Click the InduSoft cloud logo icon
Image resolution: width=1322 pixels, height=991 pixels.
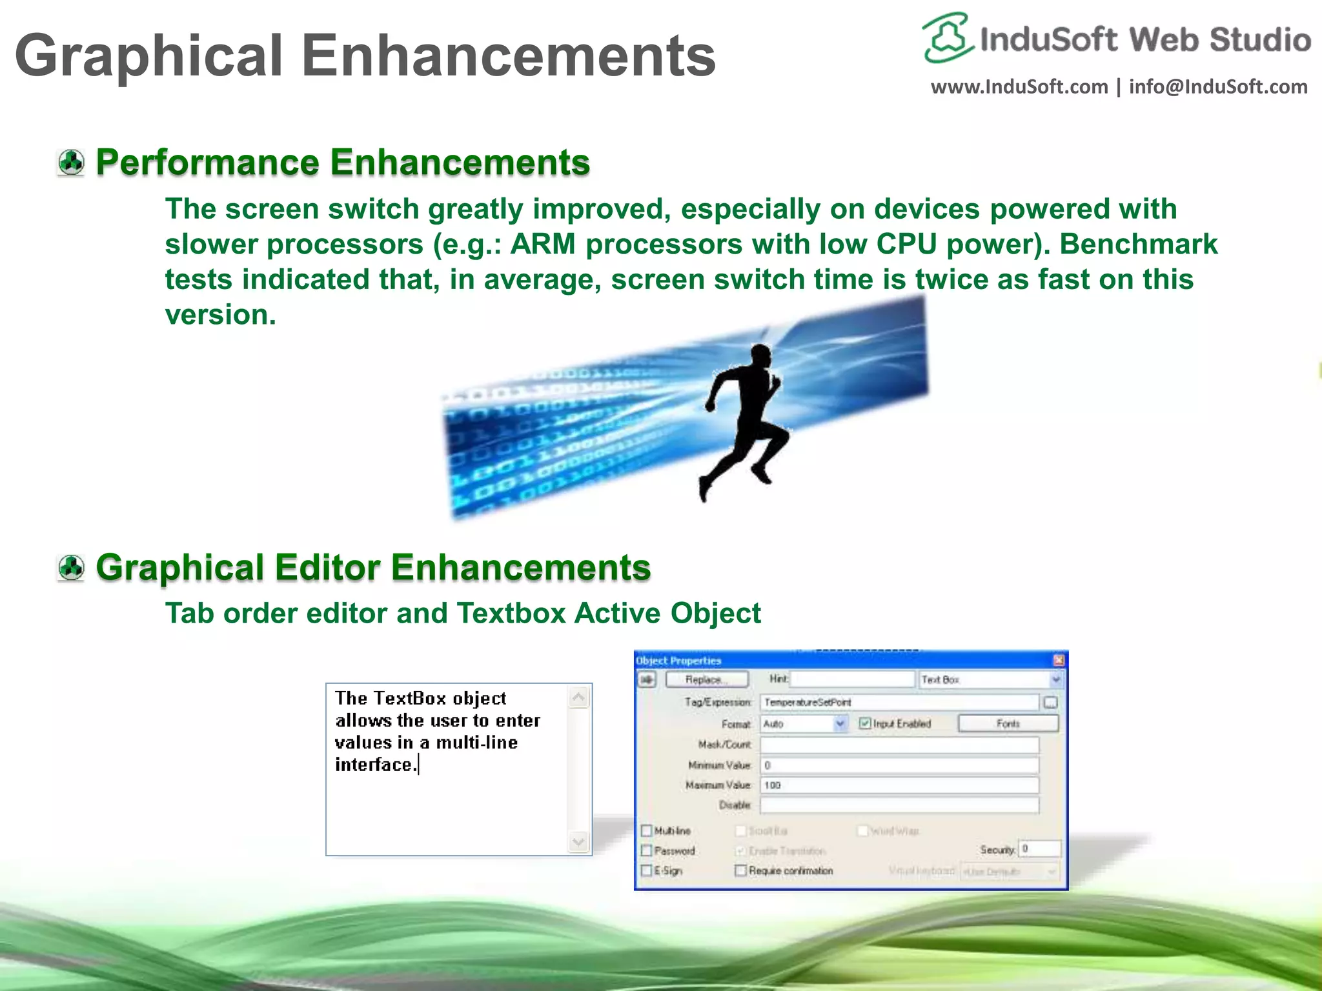(x=947, y=37)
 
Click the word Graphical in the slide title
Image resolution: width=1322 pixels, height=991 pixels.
(x=148, y=57)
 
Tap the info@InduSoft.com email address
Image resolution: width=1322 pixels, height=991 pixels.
(x=1217, y=86)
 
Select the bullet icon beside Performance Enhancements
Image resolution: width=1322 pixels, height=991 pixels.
(x=71, y=163)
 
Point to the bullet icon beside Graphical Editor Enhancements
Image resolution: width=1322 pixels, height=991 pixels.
(x=71, y=568)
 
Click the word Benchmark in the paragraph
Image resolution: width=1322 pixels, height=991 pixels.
(x=1138, y=245)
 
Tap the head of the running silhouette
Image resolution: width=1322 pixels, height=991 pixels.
(x=760, y=357)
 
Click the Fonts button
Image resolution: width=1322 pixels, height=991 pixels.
(x=1008, y=724)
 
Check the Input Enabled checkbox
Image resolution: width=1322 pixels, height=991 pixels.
(x=865, y=723)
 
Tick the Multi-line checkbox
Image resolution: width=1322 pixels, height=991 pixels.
(x=647, y=830)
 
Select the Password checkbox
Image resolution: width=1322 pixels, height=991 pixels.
(x=647, y=850)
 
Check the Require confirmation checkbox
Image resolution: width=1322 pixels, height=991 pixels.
(x=740, y=870)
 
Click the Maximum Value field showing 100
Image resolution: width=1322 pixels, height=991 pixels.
(x=899, y=785)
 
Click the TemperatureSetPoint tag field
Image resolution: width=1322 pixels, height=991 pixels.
(x=899, y=702)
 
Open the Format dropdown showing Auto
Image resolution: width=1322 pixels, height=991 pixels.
(x=840, y=724)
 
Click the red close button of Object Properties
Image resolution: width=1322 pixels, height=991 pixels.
(x=1059, y=660)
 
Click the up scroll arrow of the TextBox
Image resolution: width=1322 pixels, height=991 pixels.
(x=578, y=697)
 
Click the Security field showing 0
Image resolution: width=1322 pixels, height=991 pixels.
(x=1039, y=849)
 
